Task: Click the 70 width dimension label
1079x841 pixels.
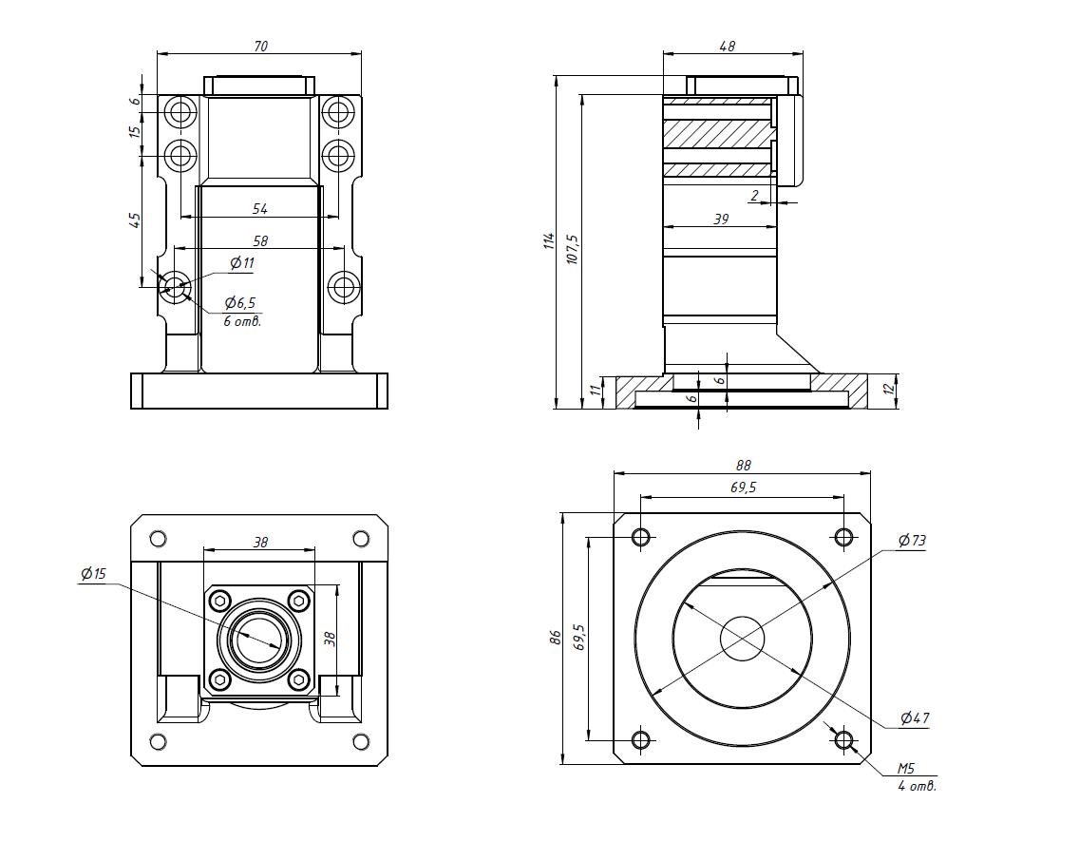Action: click(260, 45)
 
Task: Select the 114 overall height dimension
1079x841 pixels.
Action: click(548, 242)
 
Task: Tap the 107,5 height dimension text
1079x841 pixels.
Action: click(572, 249)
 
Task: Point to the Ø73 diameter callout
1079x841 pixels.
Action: click(912, 541)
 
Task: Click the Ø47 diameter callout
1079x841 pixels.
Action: click(914, 717)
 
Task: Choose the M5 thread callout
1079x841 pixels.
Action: click(907, 769)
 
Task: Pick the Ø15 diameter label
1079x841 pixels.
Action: click(94, 574)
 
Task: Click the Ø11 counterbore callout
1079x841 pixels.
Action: click(242, 263)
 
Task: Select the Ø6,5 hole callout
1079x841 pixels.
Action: click(240, 303)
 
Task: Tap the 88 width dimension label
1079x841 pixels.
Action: click(743, 466)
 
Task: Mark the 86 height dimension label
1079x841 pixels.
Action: click(557, 638)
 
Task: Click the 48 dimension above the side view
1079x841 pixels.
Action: click(728, 46)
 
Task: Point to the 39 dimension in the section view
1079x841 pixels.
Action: click(720, 219)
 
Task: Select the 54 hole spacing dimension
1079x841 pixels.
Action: click(259, 208)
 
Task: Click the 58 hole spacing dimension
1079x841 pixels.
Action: click(259, 241)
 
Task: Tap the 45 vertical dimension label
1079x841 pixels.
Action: click(135, 220)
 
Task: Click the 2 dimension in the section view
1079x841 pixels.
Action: click(754, 195)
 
